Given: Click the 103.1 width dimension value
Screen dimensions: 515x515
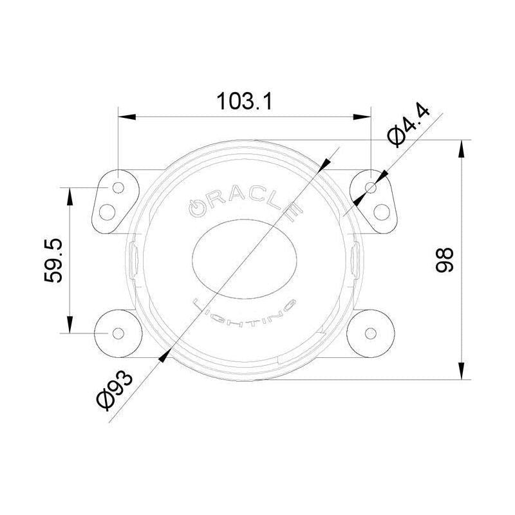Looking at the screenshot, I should [x=245, y=102].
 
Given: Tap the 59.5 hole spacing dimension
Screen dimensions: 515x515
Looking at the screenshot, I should [x=53, y=260].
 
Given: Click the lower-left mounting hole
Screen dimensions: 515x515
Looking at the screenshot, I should [x=118, y=333].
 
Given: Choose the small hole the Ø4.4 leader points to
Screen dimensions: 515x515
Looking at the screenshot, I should [x=370, y=187].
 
